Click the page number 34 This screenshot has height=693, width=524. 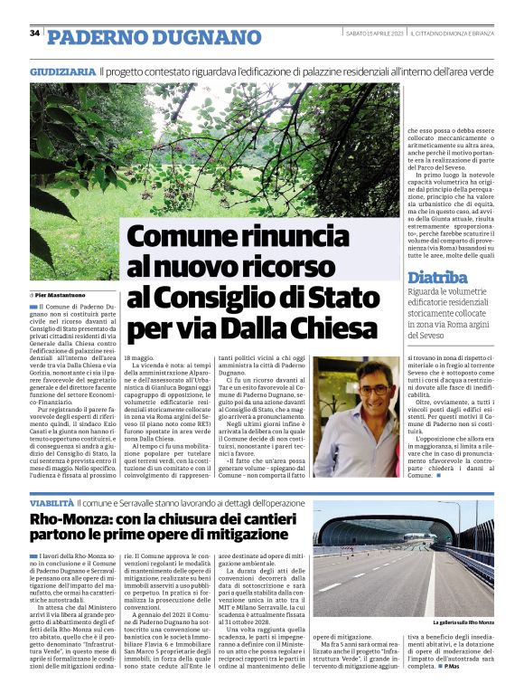pyautogui.click(x=34, y=33)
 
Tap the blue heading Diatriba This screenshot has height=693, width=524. pyautogui.click(x=437, y=278)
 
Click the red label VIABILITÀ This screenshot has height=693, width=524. pyautogui.click(x=51, y=500)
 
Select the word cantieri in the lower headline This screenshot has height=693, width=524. pyautogui.click(x=258, y=518)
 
